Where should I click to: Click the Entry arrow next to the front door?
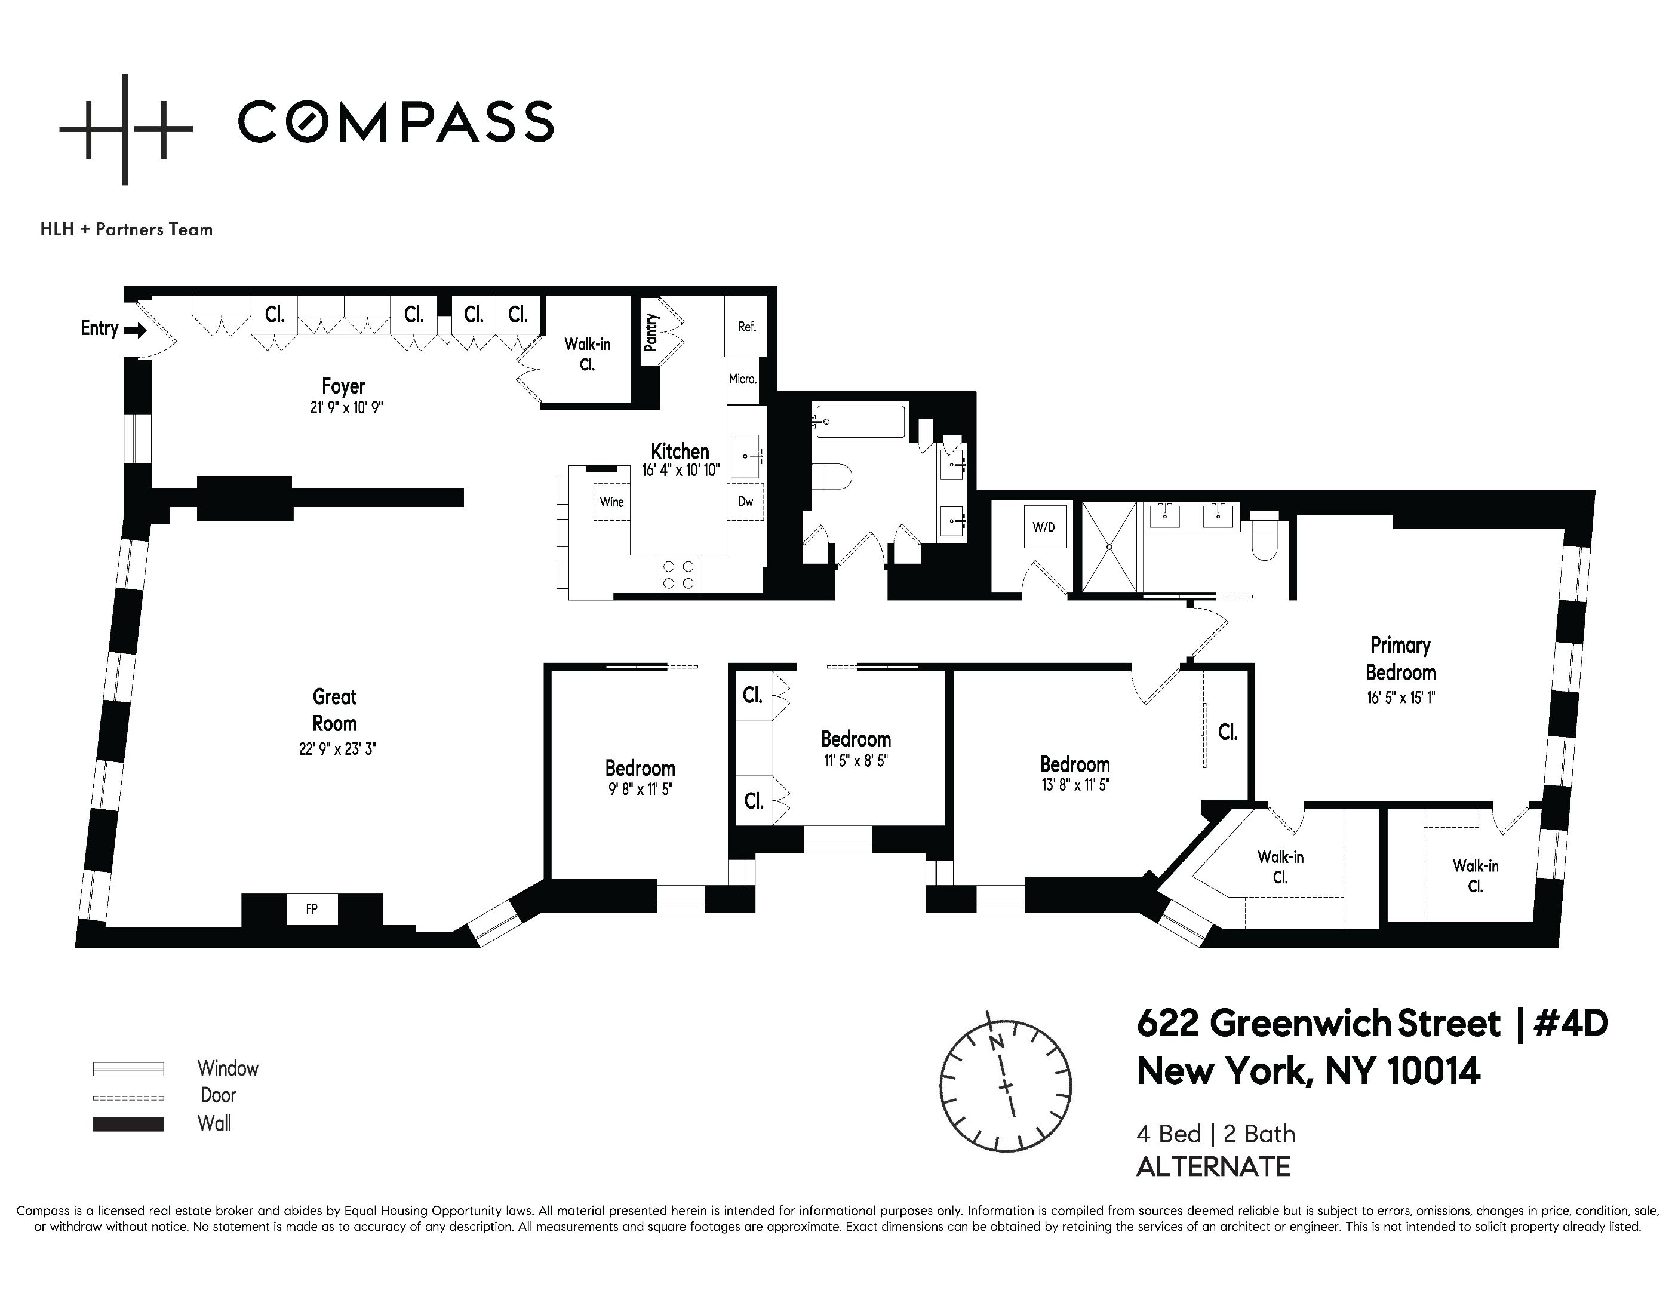click(x=134, y=331)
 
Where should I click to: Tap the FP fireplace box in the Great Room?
click(x=312, y=908)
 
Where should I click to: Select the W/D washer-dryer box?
click(x=1043, y=527)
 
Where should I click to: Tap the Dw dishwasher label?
click(x=746, y=502)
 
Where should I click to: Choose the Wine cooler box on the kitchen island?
click(x=611, y=502)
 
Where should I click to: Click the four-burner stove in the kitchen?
click(x=678, y=575)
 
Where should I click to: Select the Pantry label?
click(x=650, y=333)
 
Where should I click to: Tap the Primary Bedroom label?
click(x=1400, y=659)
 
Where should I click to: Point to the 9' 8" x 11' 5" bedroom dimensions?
click(x=640, y=790)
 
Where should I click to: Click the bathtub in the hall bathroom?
click(x=860, y=421)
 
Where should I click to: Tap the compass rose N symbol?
click(x=996, y=1042)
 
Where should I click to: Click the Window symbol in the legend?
click(x=128, y=1069)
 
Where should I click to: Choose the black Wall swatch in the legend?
click(x=128, y=1124)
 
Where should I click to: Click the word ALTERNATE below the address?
click(x=1213, y=1167)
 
